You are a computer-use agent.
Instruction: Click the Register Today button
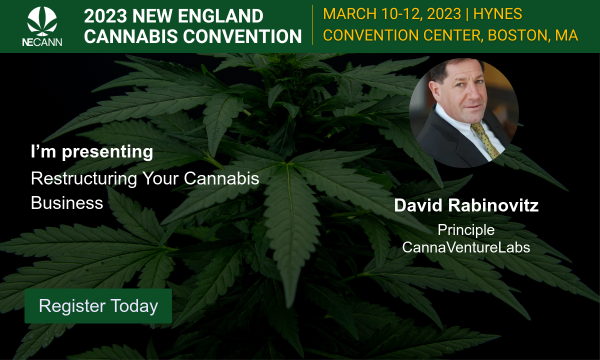pyautogui.click(x=98, y=306)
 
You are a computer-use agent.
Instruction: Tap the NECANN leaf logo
pyautogui.click(x=42, y=21)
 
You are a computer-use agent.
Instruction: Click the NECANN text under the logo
pyautogui.click(x=42, y=42)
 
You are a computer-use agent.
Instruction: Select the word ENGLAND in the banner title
pyautogui.click(x=220, y=16)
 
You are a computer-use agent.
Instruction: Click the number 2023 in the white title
pyautogui.click(x=105, y=16)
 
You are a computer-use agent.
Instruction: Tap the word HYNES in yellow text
pyautogui.click(x=497, y=14)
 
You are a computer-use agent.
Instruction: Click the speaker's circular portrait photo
pyautogui.click(x=464, y=113)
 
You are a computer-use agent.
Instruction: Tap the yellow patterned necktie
pyautogui.click(x=485, y=140)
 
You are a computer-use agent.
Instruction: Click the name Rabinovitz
pyautogui.click(x=493, y=205)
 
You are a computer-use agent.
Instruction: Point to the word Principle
pyautogui.click(x=466, y=230)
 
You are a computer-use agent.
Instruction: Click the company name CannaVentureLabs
pyautogui.click(x=466, y=247)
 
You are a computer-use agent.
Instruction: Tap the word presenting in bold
pyautogui.click(x=107, y=152)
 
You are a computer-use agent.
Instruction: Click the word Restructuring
pyautogui.click(x=84, y=178)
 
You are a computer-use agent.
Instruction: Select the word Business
pyautogui.click(x=67, y=203)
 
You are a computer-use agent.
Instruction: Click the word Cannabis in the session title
pyautogui.click(x=221, y=178)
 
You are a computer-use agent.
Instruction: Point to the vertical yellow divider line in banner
pyautogui.click(x=312, y=25)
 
